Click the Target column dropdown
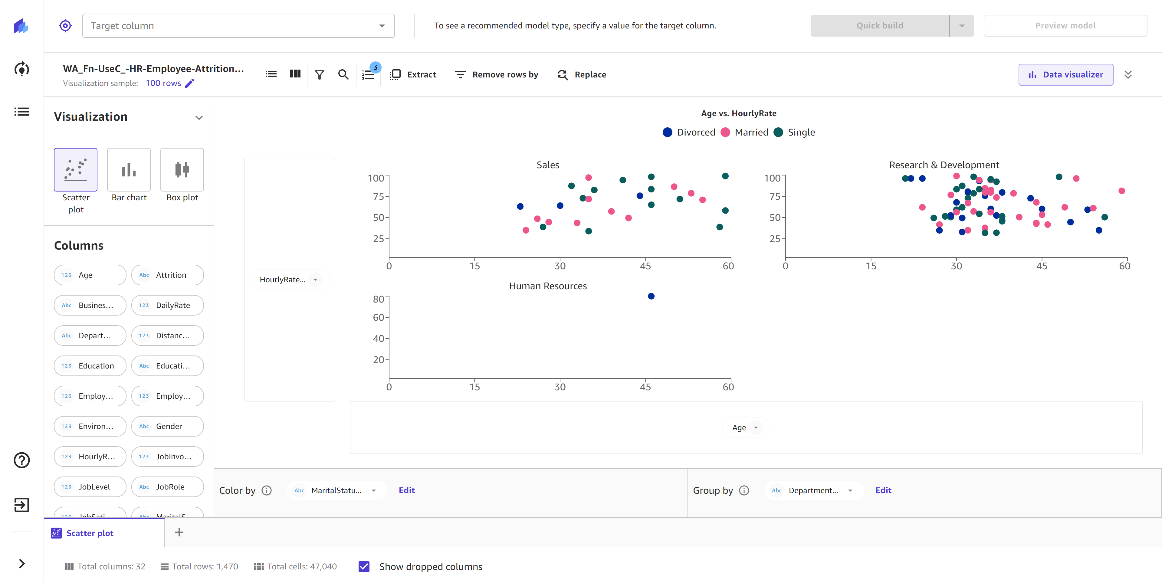click(238, 26)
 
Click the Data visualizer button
click(1065, 74)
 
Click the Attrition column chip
click(167, 275)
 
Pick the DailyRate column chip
click(167, 305)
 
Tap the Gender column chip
click(167, 426)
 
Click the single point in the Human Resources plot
click(651, 296)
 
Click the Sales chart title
click(548, 165)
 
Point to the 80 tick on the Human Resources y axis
click(378, 300)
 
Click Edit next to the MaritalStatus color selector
click(406, 490)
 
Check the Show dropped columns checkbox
click(364, 566)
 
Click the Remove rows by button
click(497, 74)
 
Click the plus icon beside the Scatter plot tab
click(179, 532)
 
